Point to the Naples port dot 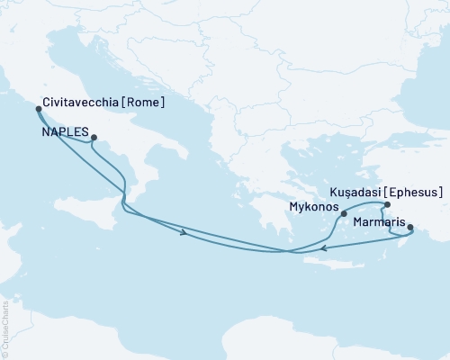(94, 138)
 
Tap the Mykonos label (312, 207)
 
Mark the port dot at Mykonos (344, 214)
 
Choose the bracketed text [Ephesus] (415, 192)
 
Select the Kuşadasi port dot (387, 205)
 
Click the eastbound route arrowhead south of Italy (184, 234)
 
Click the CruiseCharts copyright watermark (5, 328)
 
